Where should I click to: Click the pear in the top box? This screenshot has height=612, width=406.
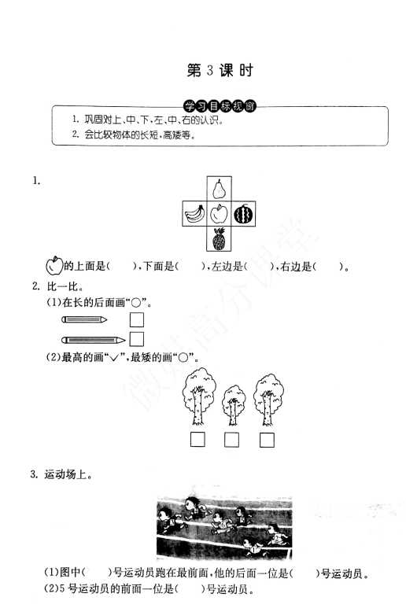pyautogui.click(x=219, y=189)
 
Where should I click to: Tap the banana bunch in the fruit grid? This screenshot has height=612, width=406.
pyautogui.click(x=194, y=213)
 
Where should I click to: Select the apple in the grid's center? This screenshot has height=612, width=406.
pyautogui.click(x=219, y=213)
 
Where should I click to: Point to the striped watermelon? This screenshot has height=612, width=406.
pyautogui.click(x=243, y=214)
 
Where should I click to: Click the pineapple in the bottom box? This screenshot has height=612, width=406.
pyautogui.click(x=219, y=238)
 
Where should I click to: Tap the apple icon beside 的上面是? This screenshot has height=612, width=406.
pyautogui.click(x=54, y=265)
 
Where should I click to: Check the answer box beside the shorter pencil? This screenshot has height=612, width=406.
pyautogui.click(x=137, y=320)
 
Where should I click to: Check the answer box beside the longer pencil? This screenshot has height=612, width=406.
pyautogui.click(x=137, y=339)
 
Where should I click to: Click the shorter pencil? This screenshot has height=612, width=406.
pyautogui.click(x=84, y=319)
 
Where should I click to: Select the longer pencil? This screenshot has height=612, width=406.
pyautogui.click(x=94, y=340)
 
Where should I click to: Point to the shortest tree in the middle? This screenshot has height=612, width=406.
pyautogui.click(x=234, y=406)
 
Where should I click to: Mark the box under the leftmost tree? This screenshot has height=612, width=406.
pyautogui.click(x=198, y=440)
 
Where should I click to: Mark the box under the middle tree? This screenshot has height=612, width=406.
pyautogui.click(x=232, y=440)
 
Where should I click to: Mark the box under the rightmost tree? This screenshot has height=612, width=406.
pyautogui.click(x=267, y=440)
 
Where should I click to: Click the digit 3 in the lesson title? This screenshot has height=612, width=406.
pyautogui.click(x=210, y=70)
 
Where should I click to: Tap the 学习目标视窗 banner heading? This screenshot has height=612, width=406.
pyautogui.click(x=220, y=106)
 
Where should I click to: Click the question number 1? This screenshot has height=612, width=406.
pyautogui.click(x=36, y=180)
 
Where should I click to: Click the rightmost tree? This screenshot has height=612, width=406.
pyautogui.click(x=268, y=400)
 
